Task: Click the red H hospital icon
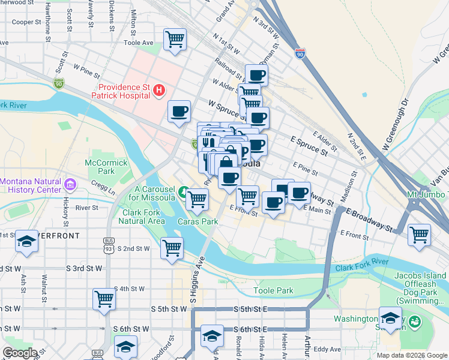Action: pyautogui.click(x=158, y=91)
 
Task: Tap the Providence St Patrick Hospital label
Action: pyautogui.click(x=120, y=91)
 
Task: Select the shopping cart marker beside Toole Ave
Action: pyautogui.click(x=175, y=40)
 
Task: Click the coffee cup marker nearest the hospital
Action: pyautogui.click(x=179, y=112)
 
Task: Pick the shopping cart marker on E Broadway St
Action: pyautogui.click(x=419, y=234)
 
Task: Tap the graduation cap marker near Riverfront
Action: pyautogui.click(x=26, y=241)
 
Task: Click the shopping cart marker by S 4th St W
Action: pyautogui.click(x=104, y=298)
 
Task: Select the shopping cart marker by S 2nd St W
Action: pyautogui.click(x=172, y=247)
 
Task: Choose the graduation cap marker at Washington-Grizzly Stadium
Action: pyautogui.click(x=390, y=319)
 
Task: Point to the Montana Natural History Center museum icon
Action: pyautogui.click(x=70, y=182)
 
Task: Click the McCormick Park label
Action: pyautogui.click(x=106, y=167)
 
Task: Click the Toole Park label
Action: pyautogui.click(x=273, y=290)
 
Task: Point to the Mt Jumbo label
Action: pyautogui.click(x=426, y=194)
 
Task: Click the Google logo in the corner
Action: pyautogui.click(x=20, y=353)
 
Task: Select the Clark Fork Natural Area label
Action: pyautogui.click(x=143, y=217)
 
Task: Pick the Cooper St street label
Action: pyautogui.click(x=26, y=22)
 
